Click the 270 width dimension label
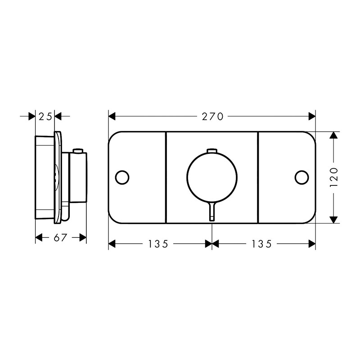coord(212,117)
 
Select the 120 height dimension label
coord(334,177)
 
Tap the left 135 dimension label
coord(158,244)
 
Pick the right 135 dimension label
coord(262,244)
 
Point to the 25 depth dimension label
coord(45,117)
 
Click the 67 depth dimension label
coord(60,238)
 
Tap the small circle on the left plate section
coord(122,177)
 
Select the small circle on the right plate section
coord(301,177)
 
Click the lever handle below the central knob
coord(212,211)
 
